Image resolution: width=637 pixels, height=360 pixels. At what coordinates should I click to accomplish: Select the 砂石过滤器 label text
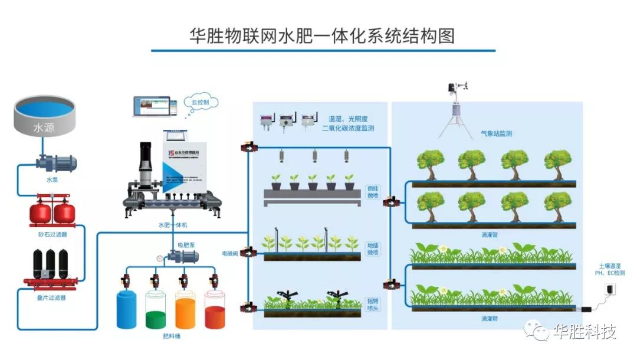(52, 234)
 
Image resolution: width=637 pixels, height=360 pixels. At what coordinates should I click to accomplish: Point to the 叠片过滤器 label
(52, 297)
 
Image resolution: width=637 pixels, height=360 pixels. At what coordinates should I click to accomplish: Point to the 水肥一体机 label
(172, 224)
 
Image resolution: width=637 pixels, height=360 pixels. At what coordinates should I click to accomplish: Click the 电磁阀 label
(229, 254)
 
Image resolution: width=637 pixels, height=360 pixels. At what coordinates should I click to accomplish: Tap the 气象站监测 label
(495, 134)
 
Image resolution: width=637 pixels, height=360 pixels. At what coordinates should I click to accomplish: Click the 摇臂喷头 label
(373, 303)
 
